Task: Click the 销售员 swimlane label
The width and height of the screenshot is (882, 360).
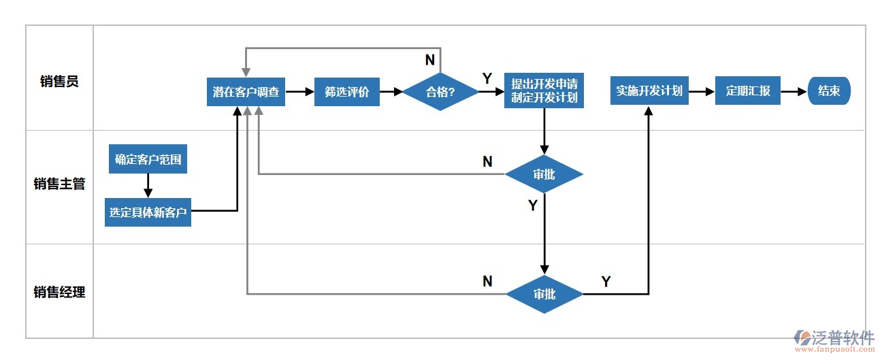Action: point(59,82)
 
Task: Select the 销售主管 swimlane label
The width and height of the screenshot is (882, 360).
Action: point(59,184)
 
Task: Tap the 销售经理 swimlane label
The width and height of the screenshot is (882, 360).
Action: point(59,293)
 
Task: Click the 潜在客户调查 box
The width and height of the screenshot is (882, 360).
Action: point(246,91)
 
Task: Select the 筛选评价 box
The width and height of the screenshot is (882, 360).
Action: point(346,91)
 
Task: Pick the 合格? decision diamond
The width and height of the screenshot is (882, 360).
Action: point(440,91)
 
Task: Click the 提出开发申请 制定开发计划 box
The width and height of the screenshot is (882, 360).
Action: point(544,91)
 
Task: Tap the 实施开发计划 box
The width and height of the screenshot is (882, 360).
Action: point(649,91)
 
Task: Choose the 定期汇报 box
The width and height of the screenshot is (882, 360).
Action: point(747,91)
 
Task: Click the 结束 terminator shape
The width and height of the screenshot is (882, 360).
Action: point(829,91)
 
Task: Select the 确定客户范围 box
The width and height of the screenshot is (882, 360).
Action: point(148,159)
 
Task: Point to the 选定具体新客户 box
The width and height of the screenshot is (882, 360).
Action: point(148,212)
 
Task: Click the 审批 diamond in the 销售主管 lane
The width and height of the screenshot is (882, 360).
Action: point(544,174)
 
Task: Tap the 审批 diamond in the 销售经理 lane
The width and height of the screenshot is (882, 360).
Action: point(544,294)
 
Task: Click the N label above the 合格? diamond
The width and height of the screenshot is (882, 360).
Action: point(429,60)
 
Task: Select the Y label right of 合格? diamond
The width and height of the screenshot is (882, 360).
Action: point(487,78)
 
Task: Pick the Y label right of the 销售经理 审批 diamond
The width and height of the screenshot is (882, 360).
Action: point(606,281)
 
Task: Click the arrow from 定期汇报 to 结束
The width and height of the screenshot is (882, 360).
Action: point(794,91)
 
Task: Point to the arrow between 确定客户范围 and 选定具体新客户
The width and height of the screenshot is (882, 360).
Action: point(148,185)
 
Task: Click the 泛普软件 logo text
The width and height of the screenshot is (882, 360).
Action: point(843,338)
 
